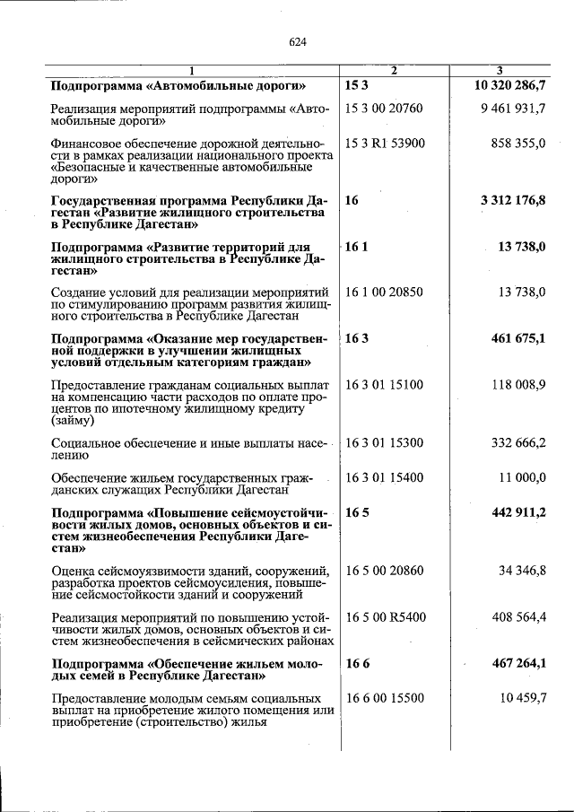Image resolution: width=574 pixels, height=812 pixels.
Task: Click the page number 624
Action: click(299, 40)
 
